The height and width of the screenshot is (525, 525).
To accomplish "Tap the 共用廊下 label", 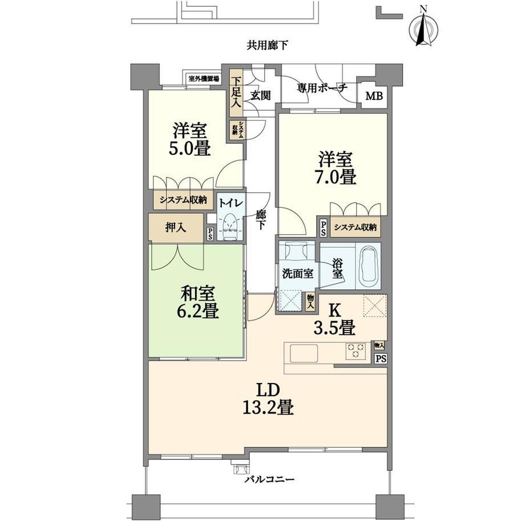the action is coord(267,45).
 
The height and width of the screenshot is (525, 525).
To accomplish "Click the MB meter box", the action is coord(374,96).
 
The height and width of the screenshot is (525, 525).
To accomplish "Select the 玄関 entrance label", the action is coord(261,96).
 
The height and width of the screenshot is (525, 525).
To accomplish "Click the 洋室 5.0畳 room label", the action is coord(189,139).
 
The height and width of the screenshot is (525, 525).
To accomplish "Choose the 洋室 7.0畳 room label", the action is coord(335,168).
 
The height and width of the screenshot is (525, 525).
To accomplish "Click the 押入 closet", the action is coord(176,227).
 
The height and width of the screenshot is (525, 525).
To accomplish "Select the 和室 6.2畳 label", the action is coord(197,302).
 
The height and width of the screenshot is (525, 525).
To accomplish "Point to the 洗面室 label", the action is coord(298,274).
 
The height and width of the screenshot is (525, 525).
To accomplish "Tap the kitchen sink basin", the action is coord(304,353).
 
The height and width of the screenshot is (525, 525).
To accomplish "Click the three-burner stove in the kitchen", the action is coord(356,351).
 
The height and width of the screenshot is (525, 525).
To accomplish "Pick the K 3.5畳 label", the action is coord(334,320).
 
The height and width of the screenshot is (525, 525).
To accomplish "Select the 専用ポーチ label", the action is coord(322,88).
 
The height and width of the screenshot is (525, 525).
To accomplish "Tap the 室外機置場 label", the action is coord(204,79).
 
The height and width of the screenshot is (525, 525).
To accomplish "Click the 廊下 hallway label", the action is coord(261,220).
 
